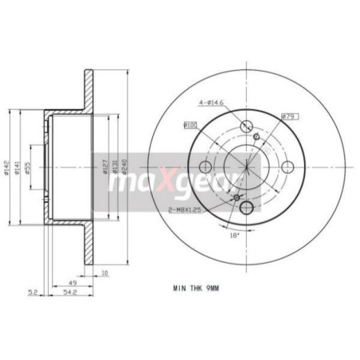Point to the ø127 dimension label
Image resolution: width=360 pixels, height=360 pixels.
pos(104,168)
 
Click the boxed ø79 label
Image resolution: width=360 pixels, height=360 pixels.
pos(289,117)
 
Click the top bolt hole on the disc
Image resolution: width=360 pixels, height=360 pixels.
pos(245,125)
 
